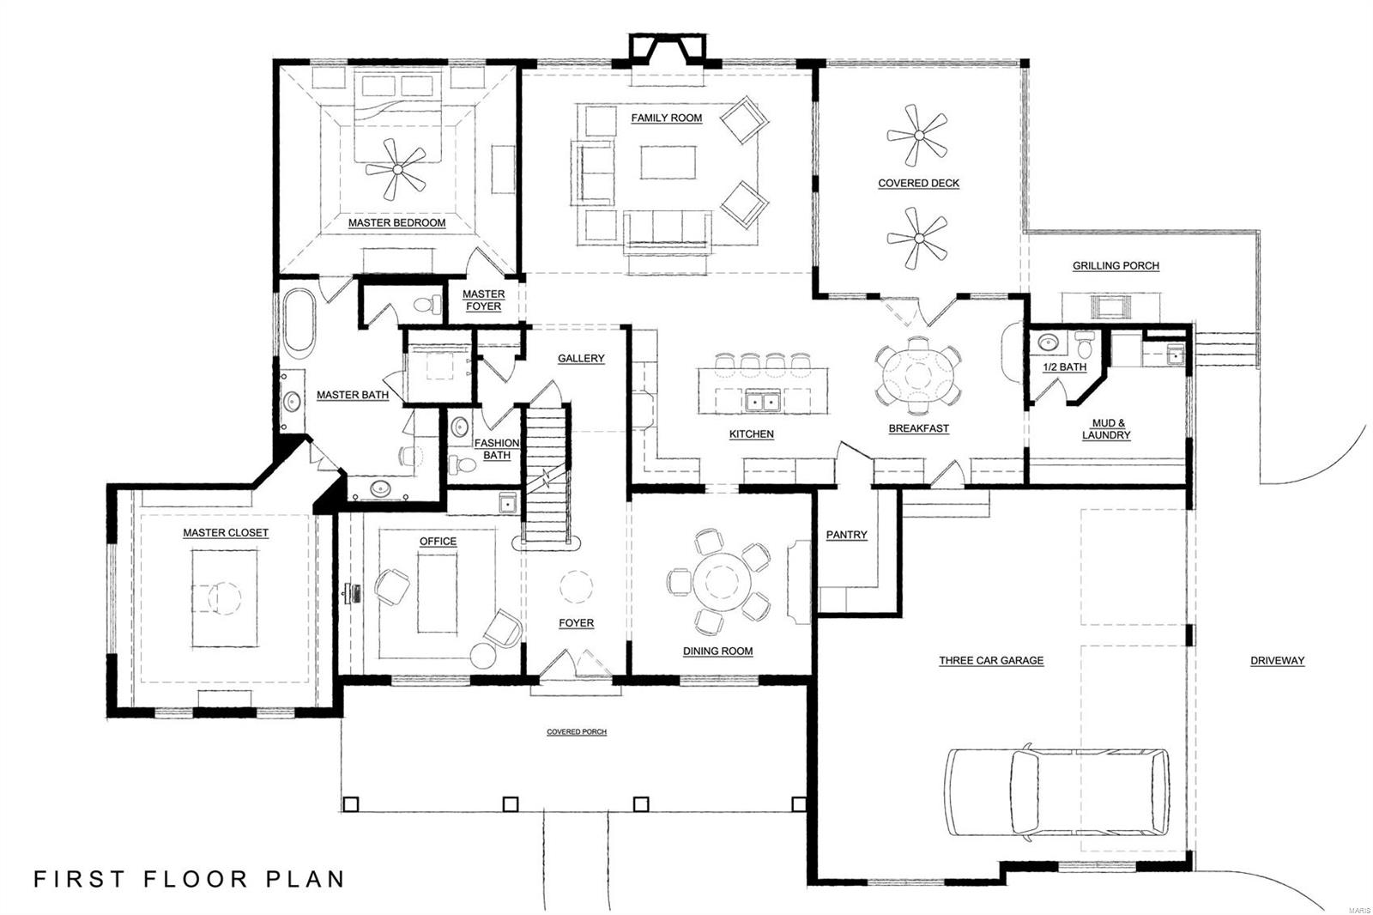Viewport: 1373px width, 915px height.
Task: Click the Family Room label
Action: [x=666, y=118]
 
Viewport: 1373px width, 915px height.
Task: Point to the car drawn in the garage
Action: [x=1057, y=791]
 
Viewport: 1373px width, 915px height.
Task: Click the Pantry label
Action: [x=846, y=535]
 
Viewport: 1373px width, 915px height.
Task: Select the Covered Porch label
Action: [x=577, y=732]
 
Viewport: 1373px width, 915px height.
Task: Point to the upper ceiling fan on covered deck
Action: [x=917, y=136]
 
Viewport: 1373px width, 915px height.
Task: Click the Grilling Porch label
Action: [x=1116, y=266]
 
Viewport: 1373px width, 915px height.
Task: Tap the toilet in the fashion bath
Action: [x=463, y=464]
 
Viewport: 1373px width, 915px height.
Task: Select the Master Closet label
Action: [x=226, y=533]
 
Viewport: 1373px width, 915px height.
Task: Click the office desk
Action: [x=438, y=591]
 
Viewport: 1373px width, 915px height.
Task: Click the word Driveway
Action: [x=1277, y=661]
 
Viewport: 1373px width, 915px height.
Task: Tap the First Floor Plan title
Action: [x=189, y=879]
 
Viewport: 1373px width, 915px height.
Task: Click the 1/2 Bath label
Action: [x=1064, y=367]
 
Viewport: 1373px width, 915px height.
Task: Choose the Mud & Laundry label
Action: [x=1106, y=429]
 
